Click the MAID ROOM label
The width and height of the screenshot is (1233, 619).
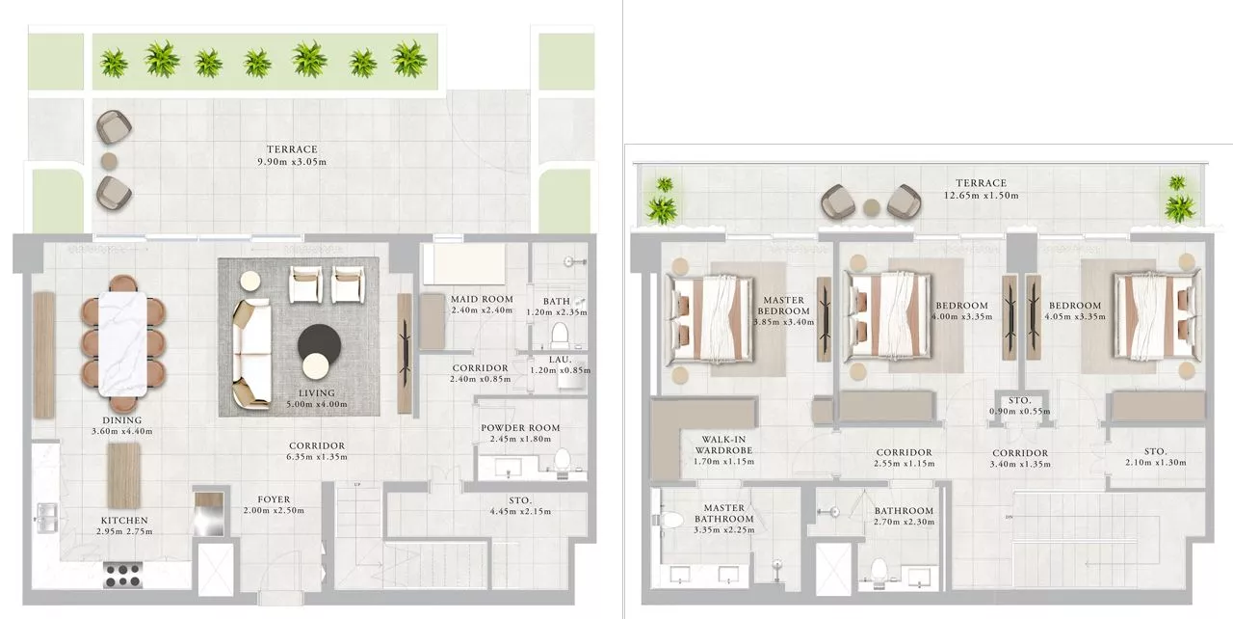point(482,299)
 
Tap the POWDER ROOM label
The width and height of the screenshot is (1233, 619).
point(520,428)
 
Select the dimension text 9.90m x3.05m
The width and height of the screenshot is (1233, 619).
point(292,161)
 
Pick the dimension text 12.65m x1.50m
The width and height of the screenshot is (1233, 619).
point(981,196)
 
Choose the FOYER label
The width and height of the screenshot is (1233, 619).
point(267,498)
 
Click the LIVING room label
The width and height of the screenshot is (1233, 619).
point(316,392)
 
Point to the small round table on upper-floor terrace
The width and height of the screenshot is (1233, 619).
point(871,205)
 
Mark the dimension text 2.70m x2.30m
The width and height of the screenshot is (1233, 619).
point(904,524)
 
